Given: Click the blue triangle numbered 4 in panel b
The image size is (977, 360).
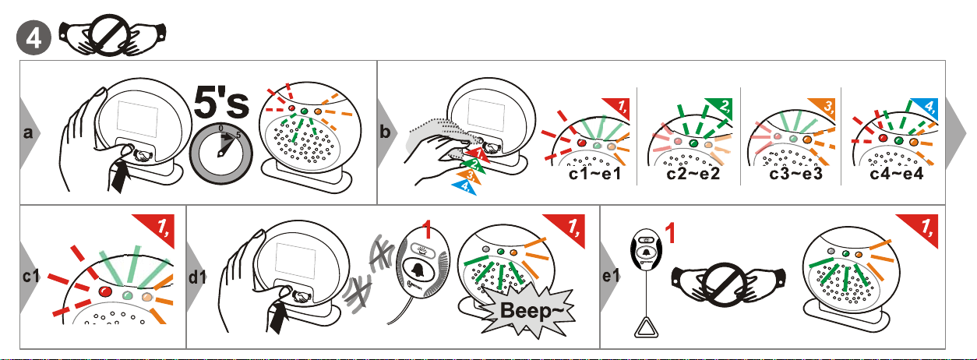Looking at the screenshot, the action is click(464, 186).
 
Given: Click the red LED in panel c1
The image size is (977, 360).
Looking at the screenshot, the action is click(105, 291).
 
